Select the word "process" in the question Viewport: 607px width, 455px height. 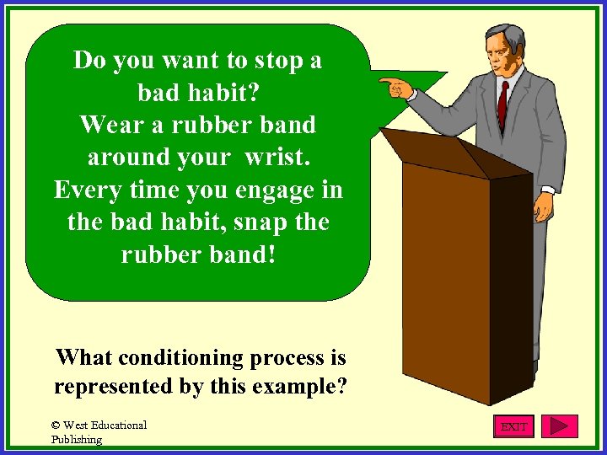coord(287,357)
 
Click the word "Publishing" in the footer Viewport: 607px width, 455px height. coord(77,439)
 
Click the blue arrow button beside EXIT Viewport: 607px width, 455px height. coord(559,426)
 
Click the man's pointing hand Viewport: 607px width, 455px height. coord(395,86)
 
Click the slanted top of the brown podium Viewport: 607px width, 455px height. coord(455,153)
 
